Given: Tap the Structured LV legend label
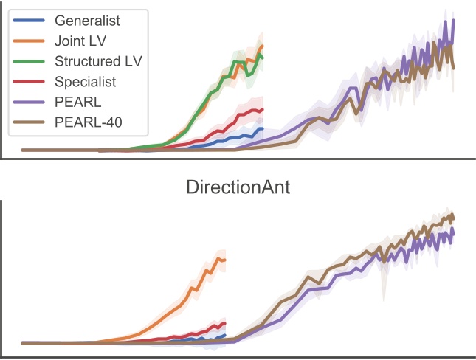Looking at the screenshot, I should point(98,60).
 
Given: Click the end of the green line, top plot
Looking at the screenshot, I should point(263,57).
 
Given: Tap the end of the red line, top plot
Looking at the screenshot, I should point(263,109).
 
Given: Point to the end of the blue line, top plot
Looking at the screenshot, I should point(263,128).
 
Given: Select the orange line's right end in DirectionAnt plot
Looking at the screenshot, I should point(225,259).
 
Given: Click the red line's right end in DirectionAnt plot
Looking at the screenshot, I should point(225,323).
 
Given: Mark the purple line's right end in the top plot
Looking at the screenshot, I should point(454,21).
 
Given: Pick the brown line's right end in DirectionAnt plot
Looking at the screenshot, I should point(454,217).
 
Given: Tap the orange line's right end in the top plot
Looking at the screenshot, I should point(263,46).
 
